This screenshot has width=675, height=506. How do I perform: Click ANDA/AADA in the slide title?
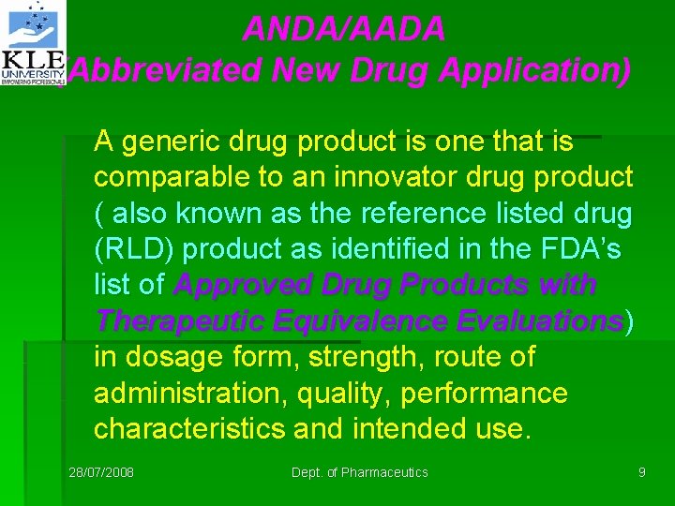pyautogui.click(x=343, y=30)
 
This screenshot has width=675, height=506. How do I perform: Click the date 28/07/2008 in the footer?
pyautogui.click(x=101, y=472)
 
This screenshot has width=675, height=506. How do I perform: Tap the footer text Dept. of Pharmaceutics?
pyautogui.click(x=360, y=472)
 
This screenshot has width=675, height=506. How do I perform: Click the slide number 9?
pyautogui.click(x=642, y=472)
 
